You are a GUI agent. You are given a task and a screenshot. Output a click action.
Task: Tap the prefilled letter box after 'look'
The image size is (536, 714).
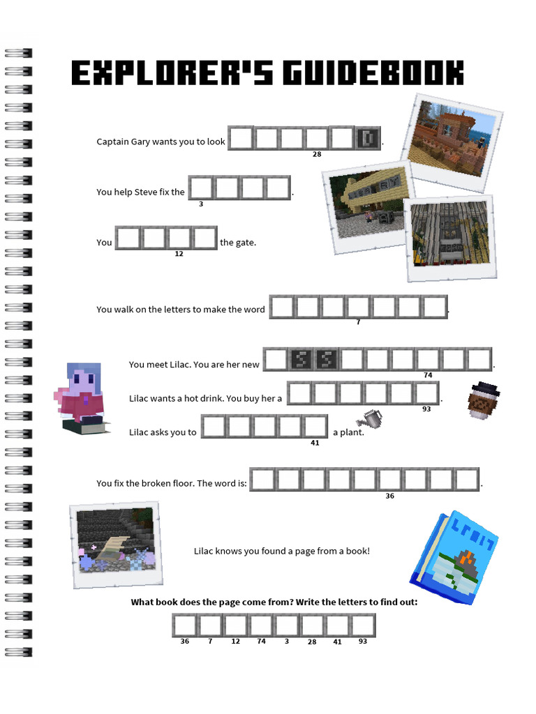(368, 138)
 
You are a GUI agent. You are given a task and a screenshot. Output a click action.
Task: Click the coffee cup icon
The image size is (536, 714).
(483, 400)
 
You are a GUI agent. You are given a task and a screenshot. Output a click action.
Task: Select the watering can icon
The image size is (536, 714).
(370, 418)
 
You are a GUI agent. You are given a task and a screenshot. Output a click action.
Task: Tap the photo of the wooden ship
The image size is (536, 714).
(452, 142)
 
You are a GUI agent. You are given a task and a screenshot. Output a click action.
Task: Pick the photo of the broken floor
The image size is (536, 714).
(117, 545)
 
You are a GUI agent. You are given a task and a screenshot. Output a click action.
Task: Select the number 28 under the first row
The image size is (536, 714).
(317, 154)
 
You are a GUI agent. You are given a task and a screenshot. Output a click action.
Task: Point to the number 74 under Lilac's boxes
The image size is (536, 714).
(428, 375)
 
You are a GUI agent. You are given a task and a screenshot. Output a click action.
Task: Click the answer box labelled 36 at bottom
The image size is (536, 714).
(184, 625)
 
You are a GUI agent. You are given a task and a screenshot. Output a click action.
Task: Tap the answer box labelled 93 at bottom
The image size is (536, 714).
(363, 625)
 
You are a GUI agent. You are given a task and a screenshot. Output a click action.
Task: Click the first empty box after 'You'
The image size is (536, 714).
(128, 238)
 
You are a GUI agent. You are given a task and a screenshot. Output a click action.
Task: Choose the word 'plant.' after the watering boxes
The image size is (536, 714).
(352, 432)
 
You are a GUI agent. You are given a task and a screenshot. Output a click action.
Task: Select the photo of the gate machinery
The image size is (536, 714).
(450, 238)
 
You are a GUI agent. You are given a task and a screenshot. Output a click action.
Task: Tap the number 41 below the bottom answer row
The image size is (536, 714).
(337, 641)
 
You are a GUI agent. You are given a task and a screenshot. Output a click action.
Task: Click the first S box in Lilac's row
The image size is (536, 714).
(301, 359)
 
